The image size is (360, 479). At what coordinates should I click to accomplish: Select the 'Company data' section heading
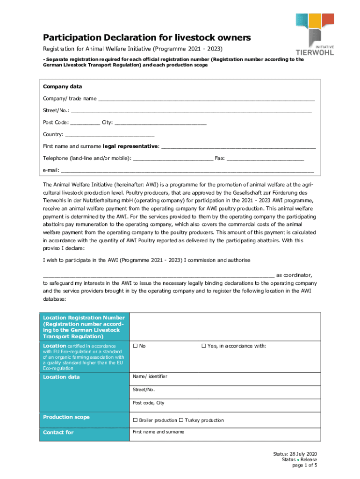(x=62, y=87)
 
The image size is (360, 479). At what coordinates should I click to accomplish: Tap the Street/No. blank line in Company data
(x=191, y=111)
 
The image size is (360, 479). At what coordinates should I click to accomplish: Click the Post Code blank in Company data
(x=85, y=123)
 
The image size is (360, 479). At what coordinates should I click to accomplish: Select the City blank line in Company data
(x=160, y=123)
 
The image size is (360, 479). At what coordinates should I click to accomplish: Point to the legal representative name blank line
(x=238, y=147)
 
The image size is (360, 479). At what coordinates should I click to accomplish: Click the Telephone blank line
(x=173, y=159)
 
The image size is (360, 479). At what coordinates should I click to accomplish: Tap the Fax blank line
(x=265, y=159)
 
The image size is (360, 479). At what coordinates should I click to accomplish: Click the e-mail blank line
(x=187, y=171)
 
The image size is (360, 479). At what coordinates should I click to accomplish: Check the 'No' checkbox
(x=135, y=346)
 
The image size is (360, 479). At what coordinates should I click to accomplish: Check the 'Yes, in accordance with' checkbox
(x=203, y=346)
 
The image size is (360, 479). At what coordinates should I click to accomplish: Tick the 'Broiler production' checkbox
(x=135, y=420)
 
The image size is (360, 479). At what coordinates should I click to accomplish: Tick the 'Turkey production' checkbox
(x=181, y=420)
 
